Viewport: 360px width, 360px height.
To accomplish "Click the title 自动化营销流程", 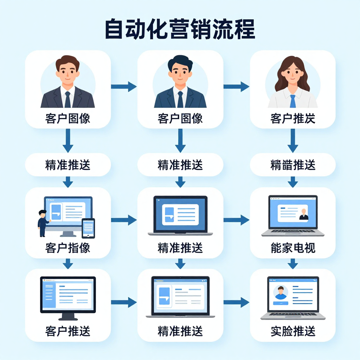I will pos(180,30).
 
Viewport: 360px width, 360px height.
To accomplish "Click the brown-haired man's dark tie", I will pos(67,99).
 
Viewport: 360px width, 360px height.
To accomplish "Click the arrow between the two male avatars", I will pos(124,86).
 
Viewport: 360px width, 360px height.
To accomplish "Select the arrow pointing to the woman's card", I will pos(236,86).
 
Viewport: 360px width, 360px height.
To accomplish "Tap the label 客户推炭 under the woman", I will pos(292,118).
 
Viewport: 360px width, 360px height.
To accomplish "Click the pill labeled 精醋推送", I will pos(292,165).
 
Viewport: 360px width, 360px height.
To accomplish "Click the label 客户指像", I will pos(67,248).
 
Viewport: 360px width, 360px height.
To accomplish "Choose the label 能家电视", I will pos(292,248).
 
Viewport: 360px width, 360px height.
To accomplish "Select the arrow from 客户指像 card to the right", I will pos(124,220).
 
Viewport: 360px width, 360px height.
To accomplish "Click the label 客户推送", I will pos(67,331).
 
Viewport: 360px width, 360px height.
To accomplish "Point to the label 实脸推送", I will pos(292,331).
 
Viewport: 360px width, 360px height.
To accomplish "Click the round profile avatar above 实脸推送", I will pos(280,292).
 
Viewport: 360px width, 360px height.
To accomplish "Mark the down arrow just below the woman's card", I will pos(292,141).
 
